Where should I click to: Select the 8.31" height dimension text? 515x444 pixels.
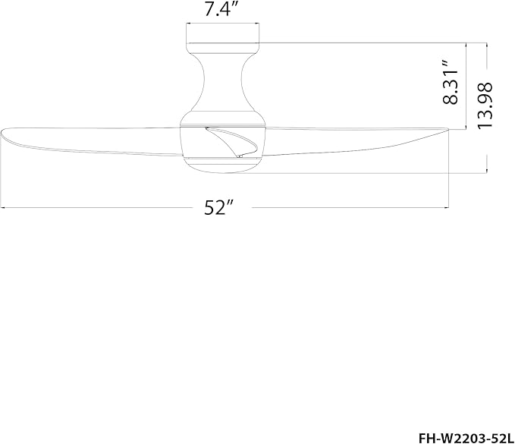point(451,83)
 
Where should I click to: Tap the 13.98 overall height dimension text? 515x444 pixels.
point(485,105)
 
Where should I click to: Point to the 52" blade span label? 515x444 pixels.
point(218,207)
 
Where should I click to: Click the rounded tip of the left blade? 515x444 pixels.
point(2,133)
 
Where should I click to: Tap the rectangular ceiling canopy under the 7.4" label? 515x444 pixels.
point(223,33)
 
